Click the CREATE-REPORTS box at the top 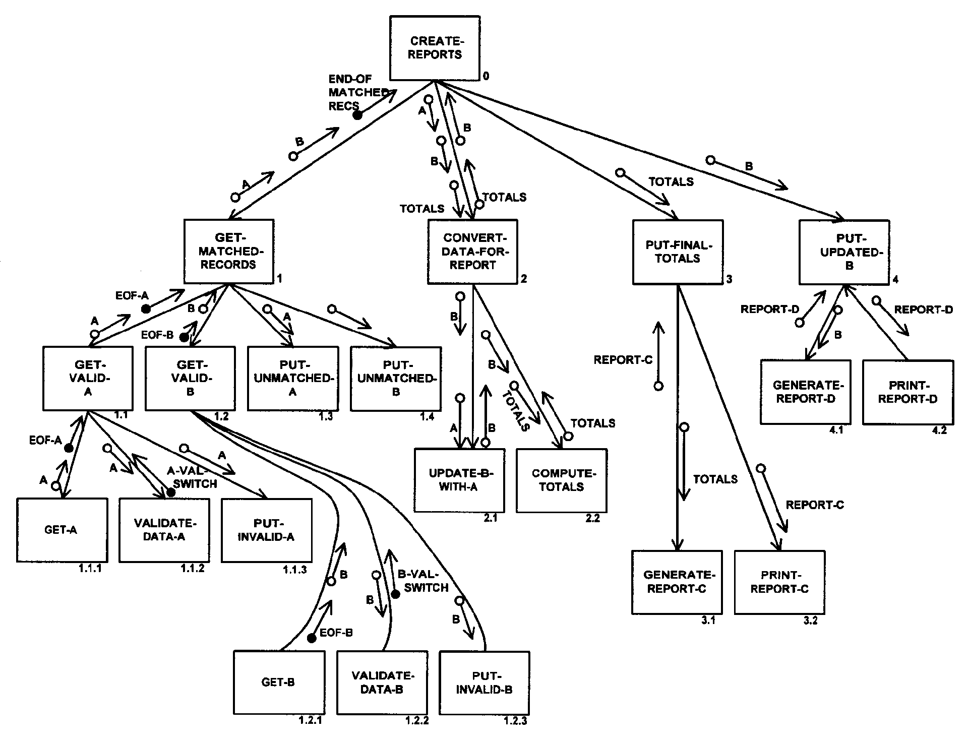435,48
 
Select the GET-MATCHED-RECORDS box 229,251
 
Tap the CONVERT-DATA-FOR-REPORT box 473,251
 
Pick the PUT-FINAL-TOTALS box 678,252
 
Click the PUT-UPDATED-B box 844,252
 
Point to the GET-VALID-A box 88,378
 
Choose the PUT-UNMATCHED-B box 396,379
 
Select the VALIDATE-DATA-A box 164,530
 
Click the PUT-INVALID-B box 484,683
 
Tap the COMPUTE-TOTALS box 562,480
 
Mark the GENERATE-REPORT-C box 677,582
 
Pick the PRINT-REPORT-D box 907,392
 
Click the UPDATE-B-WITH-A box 459,480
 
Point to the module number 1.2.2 417,720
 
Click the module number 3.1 708,621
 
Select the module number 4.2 939,430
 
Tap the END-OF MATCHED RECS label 357,92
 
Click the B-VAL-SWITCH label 422,581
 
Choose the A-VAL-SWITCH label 192,477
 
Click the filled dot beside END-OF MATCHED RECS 357,115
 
